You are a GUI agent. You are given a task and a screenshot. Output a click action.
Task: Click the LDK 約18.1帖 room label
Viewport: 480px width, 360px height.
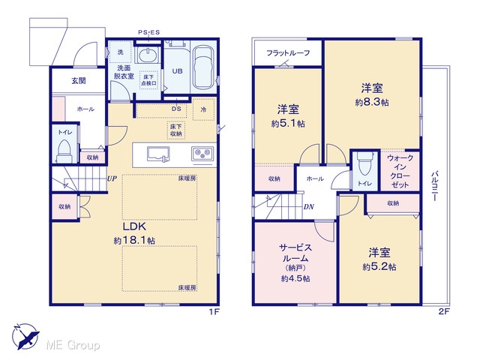134,233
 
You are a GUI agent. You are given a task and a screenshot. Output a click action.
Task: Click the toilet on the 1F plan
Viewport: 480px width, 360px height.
64,151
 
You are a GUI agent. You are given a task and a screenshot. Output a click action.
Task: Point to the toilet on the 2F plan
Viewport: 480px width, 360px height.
364,166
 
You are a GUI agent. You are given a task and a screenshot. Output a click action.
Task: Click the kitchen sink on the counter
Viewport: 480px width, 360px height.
158,154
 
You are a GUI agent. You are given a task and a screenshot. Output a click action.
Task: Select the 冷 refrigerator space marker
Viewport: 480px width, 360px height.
203,109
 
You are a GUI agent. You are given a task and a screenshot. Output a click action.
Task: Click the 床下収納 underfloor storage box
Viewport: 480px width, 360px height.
175,130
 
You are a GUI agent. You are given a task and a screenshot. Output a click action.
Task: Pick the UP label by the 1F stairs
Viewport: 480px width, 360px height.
112,178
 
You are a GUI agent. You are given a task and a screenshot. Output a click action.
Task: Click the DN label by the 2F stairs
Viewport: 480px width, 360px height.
308,207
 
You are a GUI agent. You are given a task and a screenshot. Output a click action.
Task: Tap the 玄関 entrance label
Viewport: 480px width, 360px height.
78,81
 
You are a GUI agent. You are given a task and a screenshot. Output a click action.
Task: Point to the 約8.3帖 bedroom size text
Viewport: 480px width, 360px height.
372,102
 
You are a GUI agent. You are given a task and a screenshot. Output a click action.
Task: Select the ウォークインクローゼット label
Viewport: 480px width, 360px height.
400,172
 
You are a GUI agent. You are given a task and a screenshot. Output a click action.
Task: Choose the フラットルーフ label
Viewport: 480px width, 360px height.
288,53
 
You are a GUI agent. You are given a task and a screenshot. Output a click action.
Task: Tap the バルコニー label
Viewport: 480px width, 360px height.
435,186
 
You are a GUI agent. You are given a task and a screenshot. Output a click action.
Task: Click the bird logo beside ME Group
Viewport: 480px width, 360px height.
25,336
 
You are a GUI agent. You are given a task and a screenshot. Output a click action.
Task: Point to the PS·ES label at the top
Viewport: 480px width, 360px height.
148,32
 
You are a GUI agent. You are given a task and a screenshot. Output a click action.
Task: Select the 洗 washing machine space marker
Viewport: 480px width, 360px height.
120,52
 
